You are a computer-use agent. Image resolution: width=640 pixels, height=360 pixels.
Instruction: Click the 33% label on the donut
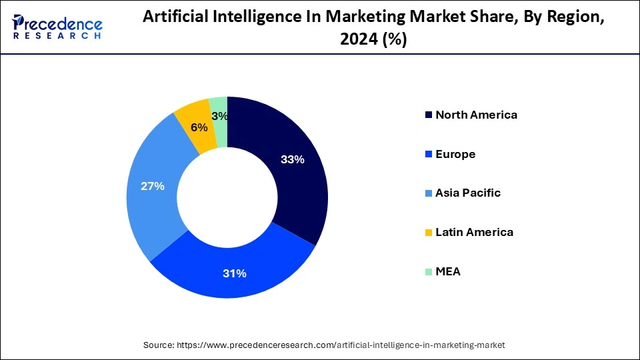293,159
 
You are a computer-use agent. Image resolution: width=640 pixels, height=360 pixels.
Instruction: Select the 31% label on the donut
235,273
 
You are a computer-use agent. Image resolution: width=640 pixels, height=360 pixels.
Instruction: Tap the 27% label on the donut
153,186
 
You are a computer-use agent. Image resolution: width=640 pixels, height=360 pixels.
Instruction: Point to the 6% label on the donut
198,127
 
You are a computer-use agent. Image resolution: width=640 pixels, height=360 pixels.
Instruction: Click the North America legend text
476,115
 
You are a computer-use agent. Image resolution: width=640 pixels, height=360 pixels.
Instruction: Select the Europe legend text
455,154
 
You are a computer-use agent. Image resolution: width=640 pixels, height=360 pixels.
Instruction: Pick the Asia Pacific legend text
467,193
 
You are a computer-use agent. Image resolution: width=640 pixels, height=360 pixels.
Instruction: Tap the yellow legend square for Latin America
428,233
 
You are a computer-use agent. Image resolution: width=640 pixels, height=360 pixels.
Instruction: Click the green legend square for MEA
428,272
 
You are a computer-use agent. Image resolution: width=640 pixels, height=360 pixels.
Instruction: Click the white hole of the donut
227,197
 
